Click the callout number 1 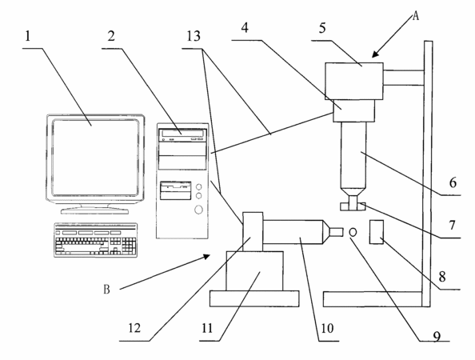(27, 37)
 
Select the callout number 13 (194, 36)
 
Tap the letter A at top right (416, 16)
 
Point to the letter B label (106, 290)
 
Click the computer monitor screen (95, 158)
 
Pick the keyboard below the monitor (95, 240)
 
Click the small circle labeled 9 (353, 232)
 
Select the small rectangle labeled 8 (377, 232)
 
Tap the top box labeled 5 (354, 82)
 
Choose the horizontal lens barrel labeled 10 (293, 232)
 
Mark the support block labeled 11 (255, 271)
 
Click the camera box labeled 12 (253, 232)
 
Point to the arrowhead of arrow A (375, 54)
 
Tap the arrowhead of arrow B (206, 256)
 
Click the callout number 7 (452, 226)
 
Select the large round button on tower (199, 209)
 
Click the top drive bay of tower (182, 135)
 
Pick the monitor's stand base (94, 210)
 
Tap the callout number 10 (327, 328)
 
